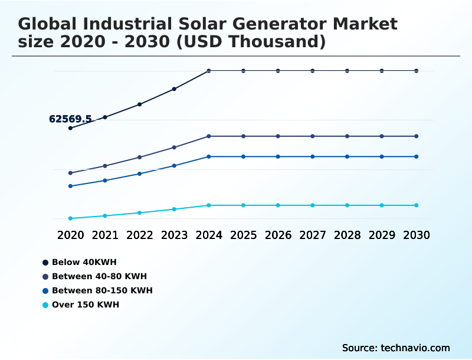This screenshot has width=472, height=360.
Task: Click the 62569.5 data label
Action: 70,119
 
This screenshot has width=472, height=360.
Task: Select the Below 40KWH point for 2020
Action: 70,128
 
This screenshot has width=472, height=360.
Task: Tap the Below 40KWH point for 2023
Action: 174,89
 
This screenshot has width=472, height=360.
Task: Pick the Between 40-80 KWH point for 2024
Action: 209,136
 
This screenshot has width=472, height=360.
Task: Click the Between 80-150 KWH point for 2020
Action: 70,186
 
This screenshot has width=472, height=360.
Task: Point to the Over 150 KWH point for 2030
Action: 417,205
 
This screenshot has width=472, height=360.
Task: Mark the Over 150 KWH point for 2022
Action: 140,212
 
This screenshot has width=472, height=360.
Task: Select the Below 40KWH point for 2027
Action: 313,71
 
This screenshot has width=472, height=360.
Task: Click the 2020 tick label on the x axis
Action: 70,235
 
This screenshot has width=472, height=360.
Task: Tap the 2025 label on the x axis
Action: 244,235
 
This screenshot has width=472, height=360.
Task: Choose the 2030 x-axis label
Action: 417,235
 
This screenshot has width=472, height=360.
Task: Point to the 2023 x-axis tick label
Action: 174,235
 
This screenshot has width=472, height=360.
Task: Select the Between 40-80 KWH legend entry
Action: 99,276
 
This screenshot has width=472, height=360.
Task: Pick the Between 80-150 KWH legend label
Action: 102,290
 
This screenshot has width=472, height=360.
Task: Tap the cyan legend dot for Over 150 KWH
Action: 45,305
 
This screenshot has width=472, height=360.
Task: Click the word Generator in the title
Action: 271,24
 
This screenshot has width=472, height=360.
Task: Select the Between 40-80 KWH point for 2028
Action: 348,136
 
